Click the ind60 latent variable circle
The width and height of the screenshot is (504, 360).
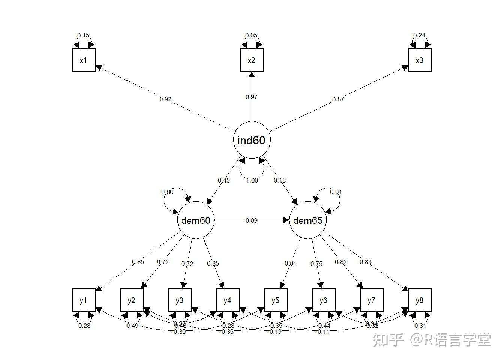(x=252, y=140)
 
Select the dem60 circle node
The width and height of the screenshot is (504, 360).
(x=195, y=220)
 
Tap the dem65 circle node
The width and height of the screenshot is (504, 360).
(x=307, y=220)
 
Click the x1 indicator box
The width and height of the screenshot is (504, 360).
(x=84, y=60)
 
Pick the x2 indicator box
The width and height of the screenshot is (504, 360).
(x=252, y=60)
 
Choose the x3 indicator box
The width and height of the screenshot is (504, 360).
(x=420, y=60)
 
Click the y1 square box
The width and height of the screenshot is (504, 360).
(x=84, y=300)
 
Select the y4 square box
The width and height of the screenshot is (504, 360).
(x=228, y=300)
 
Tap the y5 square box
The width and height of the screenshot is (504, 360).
(x=276, y=300)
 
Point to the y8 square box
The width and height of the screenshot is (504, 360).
(x=420, y=300)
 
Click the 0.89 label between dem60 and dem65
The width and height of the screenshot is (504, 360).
(x=252, y=220)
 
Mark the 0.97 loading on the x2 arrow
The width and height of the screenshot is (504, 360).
(x=252, y=97)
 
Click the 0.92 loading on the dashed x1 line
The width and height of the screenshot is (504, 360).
(x=165, y=99)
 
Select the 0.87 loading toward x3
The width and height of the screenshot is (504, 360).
(x=338, y=99)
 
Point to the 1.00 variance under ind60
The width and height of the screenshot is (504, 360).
(x=252, y=180)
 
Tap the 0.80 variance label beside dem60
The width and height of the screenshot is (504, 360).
(x=167, y=192)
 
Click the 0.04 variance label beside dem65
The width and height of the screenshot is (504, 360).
(x=336, y=192)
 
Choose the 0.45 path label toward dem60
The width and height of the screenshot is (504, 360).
(x=224, y=180)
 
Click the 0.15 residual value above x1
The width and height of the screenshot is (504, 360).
(x=83, y=36)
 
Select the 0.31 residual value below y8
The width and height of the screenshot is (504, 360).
(x=420, y=325)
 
